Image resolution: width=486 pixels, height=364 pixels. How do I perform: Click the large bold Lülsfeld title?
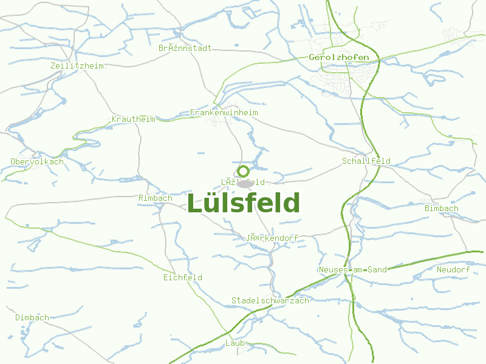click(x=243, y=203)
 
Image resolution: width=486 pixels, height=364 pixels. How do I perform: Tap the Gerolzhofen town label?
click(x=339, y=58)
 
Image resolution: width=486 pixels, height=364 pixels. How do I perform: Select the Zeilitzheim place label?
click(x=77, y=66)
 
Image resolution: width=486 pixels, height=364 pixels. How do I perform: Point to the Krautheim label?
click(x=134, y=120)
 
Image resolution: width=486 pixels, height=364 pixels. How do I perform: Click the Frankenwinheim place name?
click(x=224, y=113)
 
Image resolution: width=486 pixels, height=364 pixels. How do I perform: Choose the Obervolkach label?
click(x=37, y=161)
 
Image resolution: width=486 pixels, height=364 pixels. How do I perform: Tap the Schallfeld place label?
click(x=366, y=161)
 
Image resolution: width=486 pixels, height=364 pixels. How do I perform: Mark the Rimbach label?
click(x=156, y=198)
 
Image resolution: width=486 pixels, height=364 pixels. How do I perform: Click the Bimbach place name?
click(x=442, y=209)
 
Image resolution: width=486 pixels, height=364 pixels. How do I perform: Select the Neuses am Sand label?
click(x=352, y=269)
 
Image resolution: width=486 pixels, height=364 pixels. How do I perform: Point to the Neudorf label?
click(x=453, y=269)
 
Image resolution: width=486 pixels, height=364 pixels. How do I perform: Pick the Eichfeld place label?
click(x=182, y=277)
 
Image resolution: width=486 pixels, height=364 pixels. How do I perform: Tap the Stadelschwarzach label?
click(x=270, y=301)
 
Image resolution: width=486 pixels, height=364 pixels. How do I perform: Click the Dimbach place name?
click(x=32, y=317)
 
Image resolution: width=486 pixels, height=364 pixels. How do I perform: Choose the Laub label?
click(x=234, y=343)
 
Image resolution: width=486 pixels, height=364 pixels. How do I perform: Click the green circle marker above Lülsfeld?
click(x=243, y=171)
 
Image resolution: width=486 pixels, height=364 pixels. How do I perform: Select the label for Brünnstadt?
click(x=185, y=48)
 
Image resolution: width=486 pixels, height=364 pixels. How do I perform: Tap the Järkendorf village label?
click(x=272, y=238)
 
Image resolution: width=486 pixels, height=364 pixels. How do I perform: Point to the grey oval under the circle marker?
click(x=245, y=183)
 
